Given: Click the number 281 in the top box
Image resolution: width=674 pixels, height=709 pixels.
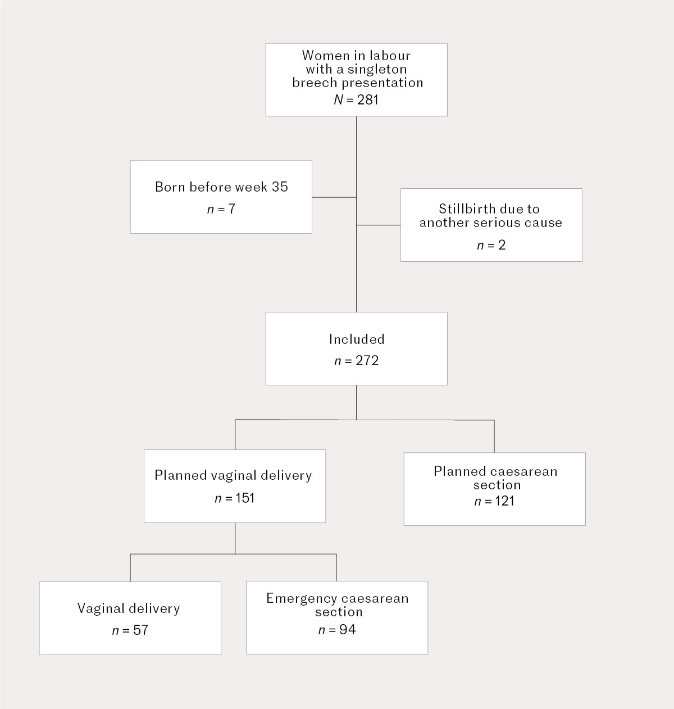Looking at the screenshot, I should tap(368, 100).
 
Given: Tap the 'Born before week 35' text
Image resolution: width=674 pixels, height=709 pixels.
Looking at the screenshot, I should tap(221, 187).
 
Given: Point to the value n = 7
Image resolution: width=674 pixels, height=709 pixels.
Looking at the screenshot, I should tap(221, 210).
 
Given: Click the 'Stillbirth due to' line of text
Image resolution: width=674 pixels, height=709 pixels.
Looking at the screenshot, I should tap(489, 209).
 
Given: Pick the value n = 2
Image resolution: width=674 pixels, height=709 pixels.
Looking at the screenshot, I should tap(491, 246).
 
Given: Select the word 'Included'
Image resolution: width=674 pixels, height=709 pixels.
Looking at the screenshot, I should tap(357, 339).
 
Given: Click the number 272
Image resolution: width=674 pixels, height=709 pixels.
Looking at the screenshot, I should tap(367, 361).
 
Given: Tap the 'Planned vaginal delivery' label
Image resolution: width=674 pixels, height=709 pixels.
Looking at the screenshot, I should tap(233, 475).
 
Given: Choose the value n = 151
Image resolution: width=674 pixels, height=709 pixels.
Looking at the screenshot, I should tap(235, 498).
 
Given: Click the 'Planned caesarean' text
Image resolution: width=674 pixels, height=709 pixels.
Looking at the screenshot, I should tap(495, 471).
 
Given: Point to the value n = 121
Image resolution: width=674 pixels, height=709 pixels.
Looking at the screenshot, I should tap(494, 501).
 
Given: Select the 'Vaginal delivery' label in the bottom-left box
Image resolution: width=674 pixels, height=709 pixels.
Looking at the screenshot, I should tap(129, 608).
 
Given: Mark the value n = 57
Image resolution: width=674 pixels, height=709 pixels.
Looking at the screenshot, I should tap(130, 630).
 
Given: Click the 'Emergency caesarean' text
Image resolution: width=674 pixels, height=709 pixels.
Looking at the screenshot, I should tap(337, 598).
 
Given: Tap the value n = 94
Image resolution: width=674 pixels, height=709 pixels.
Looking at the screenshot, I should tap(337, 630).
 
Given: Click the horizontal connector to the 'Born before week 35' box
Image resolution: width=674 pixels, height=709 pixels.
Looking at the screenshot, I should tap(334, 197).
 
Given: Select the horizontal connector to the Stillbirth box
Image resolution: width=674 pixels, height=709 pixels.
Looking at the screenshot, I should tap(379, 225).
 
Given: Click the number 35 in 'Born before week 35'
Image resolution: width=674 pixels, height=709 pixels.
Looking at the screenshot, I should tap(280, 187).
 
